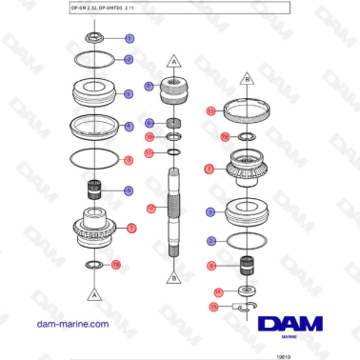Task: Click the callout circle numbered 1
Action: point(130,38)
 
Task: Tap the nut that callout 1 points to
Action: point(94,38)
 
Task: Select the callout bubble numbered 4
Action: point(130,126)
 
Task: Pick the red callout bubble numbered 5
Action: point(130,159)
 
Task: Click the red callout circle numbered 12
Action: point(150,208)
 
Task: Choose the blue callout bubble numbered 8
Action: point(150,124)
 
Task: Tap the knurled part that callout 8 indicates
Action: point(174,124)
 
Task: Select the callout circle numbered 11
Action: point(150,152)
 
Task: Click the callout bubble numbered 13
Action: point(210,111)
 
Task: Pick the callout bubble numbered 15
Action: point(213,307)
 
